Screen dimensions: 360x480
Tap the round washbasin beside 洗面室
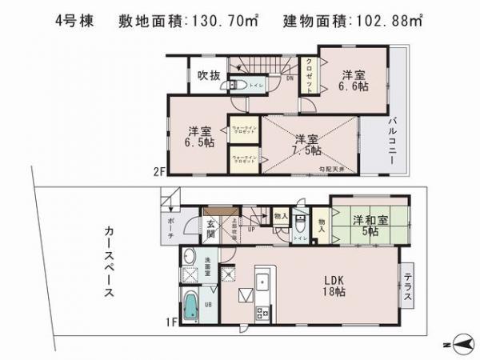point(190,258)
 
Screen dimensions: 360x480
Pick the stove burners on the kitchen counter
point(261,313)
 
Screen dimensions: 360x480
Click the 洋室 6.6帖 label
point(353,77)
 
